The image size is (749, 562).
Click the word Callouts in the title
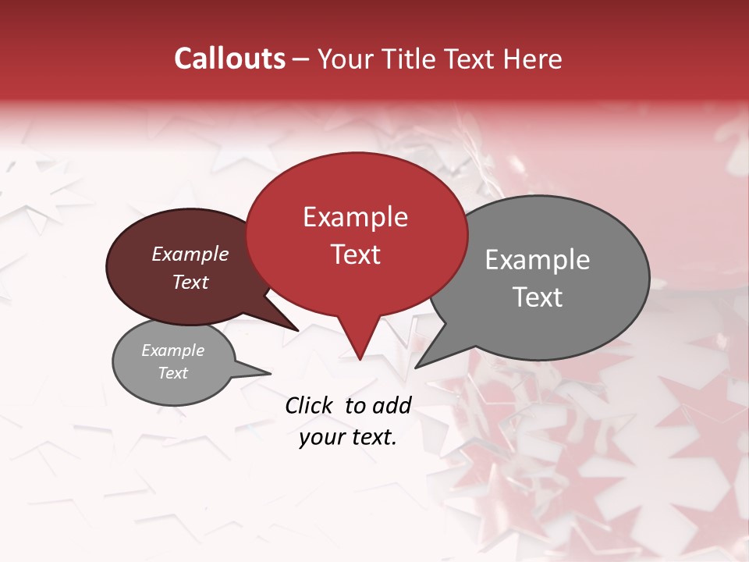coord(229,59)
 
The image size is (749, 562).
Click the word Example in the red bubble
coord(355,217)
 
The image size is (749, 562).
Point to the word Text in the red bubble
coord(355,254)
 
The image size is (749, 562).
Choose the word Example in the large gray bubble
coord(538,260)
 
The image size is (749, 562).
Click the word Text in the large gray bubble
coord(538,297)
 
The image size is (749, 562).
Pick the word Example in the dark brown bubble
coord(190,254)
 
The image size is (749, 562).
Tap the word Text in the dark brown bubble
coord(190,282)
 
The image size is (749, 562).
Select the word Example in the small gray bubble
coord(173,350)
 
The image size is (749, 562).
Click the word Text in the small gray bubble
coord(173,373)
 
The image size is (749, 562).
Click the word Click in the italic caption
coord(310,405)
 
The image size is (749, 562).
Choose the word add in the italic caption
coord(392,405)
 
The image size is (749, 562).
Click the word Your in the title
coord(345,59)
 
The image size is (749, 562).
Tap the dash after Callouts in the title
coord(302,59)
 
